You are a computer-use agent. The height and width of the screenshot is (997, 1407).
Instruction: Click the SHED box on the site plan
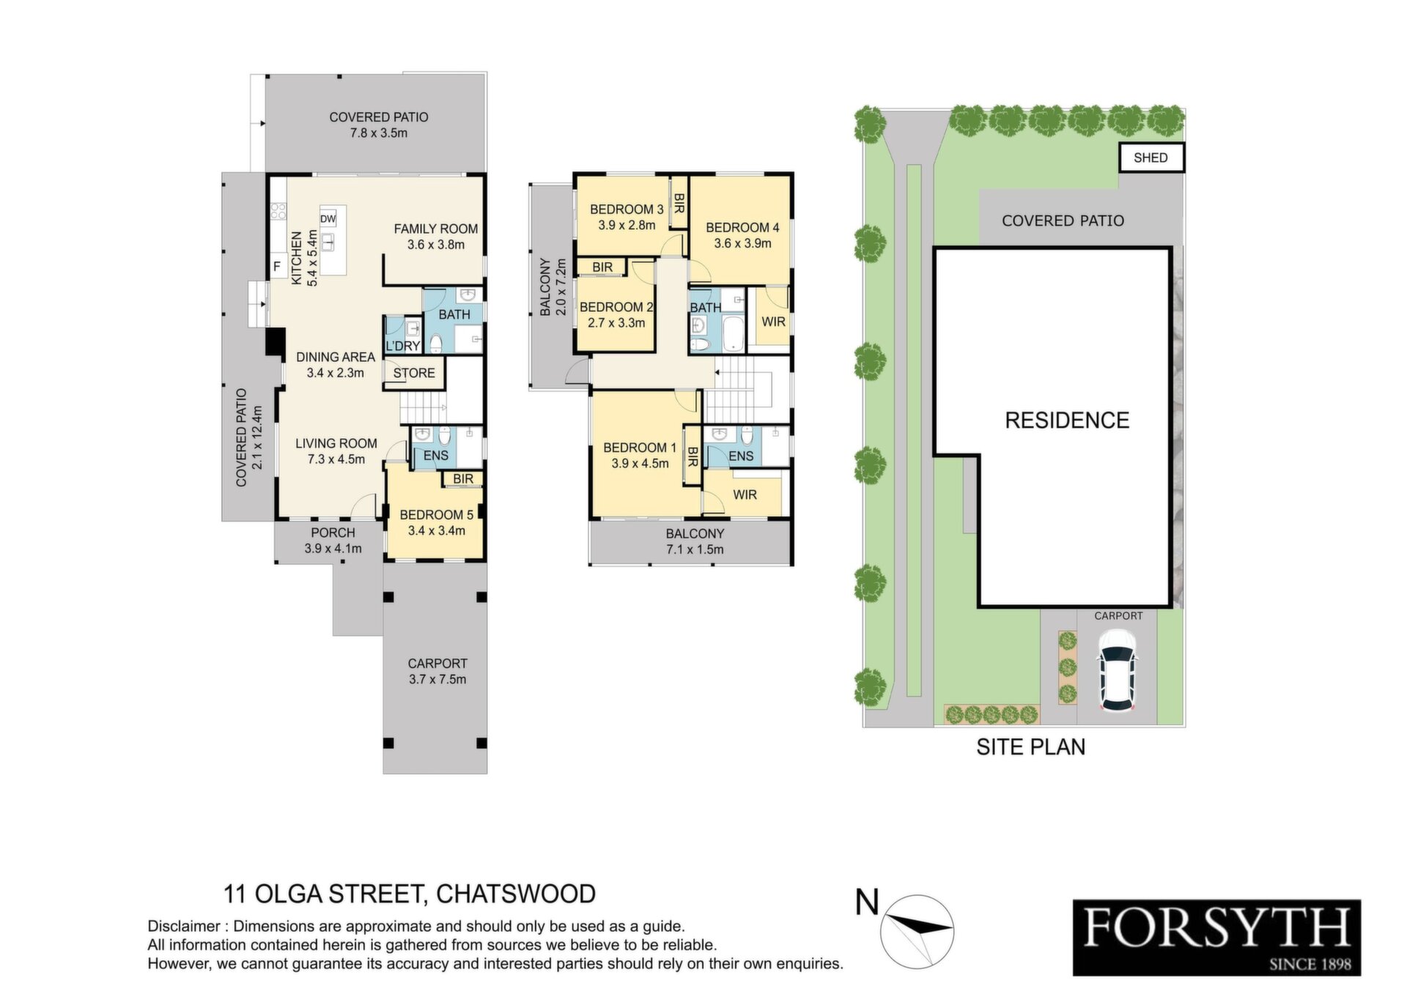tap(1151, 157)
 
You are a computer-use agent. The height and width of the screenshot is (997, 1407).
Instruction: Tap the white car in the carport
tap(1117, 671)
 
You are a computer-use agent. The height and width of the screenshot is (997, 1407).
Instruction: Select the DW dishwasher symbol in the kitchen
tap(328, 219)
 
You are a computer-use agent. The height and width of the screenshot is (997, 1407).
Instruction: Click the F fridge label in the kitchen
tap(277, 267)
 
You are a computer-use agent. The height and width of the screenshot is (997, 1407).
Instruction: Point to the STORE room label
tap(414, 373)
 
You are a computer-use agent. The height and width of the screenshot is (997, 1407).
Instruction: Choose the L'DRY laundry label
tap(402, 346)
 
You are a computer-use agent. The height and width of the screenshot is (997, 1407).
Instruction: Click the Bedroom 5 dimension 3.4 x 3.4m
tap(437, 530)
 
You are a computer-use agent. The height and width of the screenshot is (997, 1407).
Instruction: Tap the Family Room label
tap(436, 229)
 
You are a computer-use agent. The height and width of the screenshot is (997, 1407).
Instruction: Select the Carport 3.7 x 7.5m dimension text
tap(437, 679)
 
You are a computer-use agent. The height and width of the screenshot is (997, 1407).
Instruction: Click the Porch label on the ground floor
tap(333, 533)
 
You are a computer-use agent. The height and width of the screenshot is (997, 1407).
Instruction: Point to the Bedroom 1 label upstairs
tap(640, 447)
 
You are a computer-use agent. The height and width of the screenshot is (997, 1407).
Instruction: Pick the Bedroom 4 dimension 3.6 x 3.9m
tap(742, 243)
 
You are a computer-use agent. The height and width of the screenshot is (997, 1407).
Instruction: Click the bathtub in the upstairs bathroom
tap(733, 333)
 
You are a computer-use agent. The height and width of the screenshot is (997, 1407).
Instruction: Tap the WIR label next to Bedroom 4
tap(773, 322)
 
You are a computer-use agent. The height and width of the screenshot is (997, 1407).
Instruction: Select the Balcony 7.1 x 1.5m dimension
tap(695, 549)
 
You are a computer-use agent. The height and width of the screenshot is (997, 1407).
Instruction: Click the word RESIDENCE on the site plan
tap(1067, 420)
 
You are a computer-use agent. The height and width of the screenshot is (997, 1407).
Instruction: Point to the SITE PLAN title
tap(1031, 747)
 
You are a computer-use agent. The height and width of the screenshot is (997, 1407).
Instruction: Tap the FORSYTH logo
tap(1216, 938)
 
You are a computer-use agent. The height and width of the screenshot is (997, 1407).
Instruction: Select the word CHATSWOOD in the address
tap(515, 894)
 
